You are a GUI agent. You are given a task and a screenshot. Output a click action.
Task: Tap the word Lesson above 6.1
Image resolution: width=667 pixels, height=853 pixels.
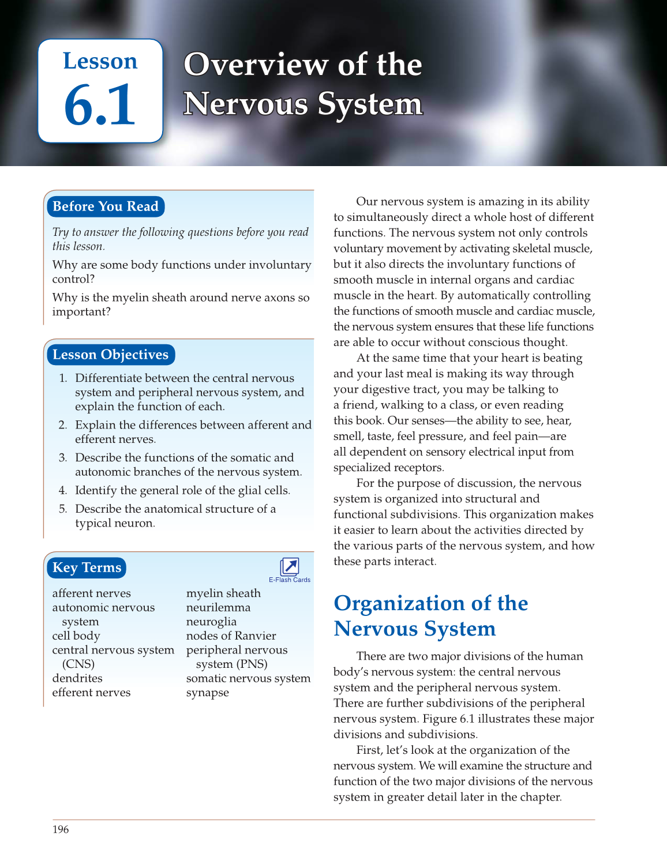click(x=100, y=61)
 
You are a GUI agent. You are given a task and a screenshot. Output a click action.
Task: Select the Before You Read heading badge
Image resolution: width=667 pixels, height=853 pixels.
click(x=106, y=206)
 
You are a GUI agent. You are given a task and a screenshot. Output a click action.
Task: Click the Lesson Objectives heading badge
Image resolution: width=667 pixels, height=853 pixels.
click(x=110, y=355)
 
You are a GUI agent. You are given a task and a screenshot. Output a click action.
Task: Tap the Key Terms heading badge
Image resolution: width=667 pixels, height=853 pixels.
click(x=87, y=568)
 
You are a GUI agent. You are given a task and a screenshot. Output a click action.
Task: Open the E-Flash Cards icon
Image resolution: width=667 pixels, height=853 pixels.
click(x=289, y=566)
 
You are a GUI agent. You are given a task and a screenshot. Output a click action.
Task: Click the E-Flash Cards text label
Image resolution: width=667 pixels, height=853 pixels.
click(x=290, y=580)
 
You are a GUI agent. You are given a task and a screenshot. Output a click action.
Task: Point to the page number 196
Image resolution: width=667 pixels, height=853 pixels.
click(x=61, y=829)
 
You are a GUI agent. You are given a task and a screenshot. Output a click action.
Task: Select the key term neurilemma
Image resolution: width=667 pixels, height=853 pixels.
click(x=218, y=607)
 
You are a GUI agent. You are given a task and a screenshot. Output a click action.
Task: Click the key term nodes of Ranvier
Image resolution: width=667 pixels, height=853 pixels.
click(x=231, y=636)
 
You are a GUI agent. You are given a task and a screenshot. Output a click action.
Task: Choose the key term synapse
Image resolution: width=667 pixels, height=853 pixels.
click(x=207, y=693)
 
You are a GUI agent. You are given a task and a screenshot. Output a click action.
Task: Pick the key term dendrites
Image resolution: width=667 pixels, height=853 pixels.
click(x=77, y=678)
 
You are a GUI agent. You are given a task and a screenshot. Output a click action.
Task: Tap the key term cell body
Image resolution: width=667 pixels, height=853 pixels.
click(x=76, y=636)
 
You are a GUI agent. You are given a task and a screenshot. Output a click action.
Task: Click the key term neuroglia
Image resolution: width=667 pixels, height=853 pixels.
click(x=211, y=622)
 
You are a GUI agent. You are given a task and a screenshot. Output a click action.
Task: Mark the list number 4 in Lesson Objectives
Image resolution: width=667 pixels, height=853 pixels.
click(x=63, y=490)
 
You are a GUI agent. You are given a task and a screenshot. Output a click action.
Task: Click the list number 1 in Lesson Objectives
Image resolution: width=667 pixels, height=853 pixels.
click(x=63, y=378)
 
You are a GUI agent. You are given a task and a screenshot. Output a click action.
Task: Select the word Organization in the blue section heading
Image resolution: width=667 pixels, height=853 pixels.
click(x=399, y=603)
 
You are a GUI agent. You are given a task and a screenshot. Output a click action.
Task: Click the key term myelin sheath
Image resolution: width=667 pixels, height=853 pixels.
click(x=223, y=593)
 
